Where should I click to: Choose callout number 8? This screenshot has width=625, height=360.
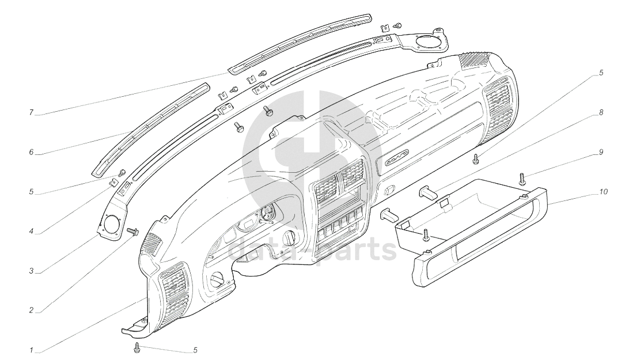(601, 113)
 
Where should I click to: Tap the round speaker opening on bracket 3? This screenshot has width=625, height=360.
(112, 222)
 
